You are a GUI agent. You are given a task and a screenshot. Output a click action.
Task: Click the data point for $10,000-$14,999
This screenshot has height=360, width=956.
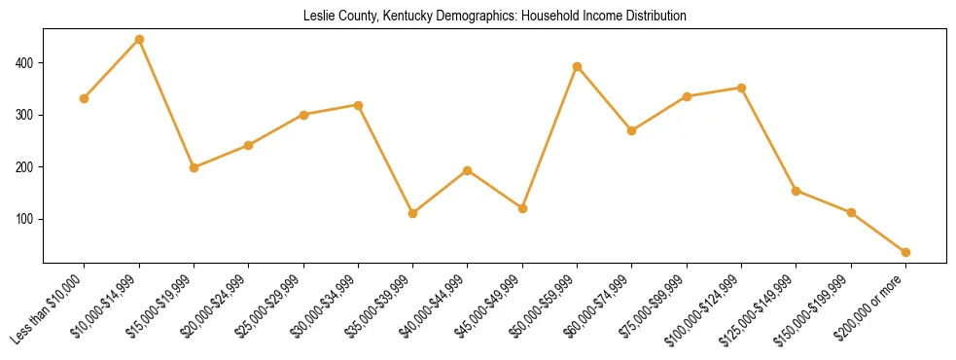pyautogui.click(x=139, y=40)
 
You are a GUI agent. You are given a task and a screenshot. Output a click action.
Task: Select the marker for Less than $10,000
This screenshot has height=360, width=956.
pyautogui.click(x=85, y=98)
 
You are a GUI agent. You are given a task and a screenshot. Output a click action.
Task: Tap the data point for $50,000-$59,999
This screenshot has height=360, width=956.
pyautogui.click(x=578, y=66)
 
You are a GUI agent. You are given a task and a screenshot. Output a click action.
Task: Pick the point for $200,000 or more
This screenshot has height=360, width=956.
pyautogui.click(x=906, y=252)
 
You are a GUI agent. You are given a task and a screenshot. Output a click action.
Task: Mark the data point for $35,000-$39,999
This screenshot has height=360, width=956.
pyautogui.click(x=413, y=213)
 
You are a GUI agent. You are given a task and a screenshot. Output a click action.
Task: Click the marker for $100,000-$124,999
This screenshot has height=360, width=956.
pyautogui.click(x=742, y=88)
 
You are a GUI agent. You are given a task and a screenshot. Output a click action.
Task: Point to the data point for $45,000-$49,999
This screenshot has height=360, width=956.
pyautogui.click(x=523, y=208)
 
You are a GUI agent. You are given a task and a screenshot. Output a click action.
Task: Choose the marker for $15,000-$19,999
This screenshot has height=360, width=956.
pyautogui.click(x=195, y=167)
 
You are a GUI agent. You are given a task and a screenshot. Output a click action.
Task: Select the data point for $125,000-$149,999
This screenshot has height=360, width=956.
pyautogui.click(x=797, y=191)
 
